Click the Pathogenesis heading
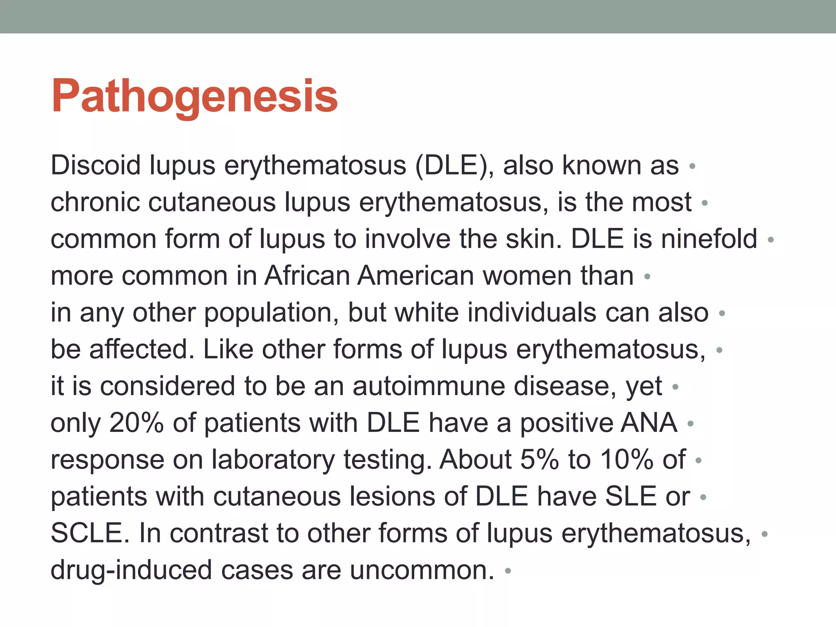194,96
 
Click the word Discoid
96,165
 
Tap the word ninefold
709,239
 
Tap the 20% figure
136,423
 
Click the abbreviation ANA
649,423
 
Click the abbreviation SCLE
90,533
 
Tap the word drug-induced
131,570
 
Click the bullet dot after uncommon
508,571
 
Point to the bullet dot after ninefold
771,240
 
